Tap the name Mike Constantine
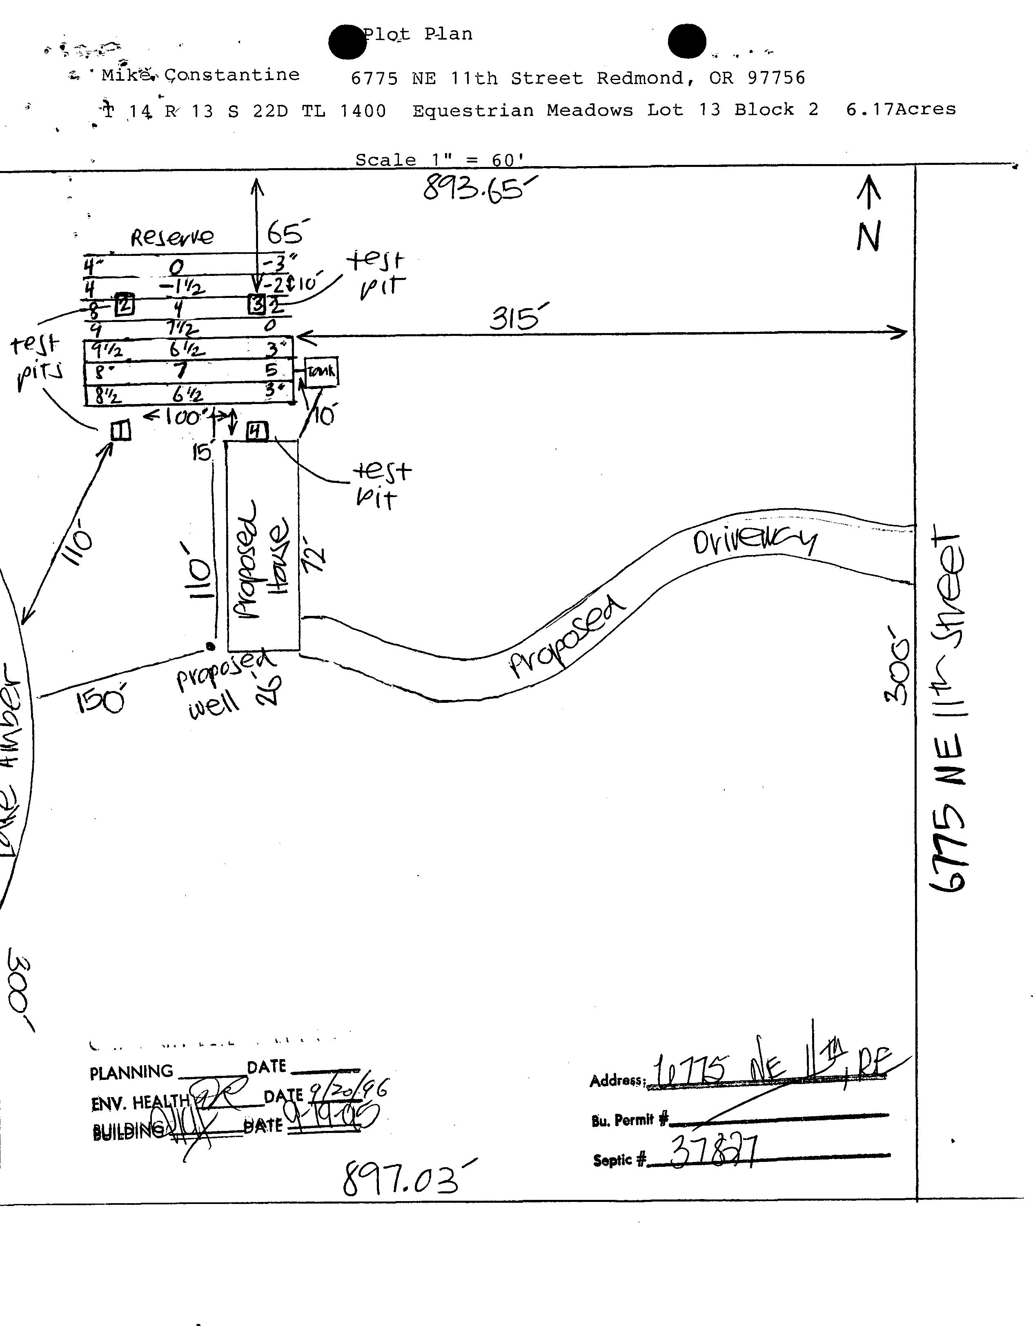point(200,75)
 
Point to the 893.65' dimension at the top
point(480,187)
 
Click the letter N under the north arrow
point(868,236)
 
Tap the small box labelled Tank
point(321,371)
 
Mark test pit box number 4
point(256,431)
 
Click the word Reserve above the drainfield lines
point(172,236)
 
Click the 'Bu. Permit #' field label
point(630,1119)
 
